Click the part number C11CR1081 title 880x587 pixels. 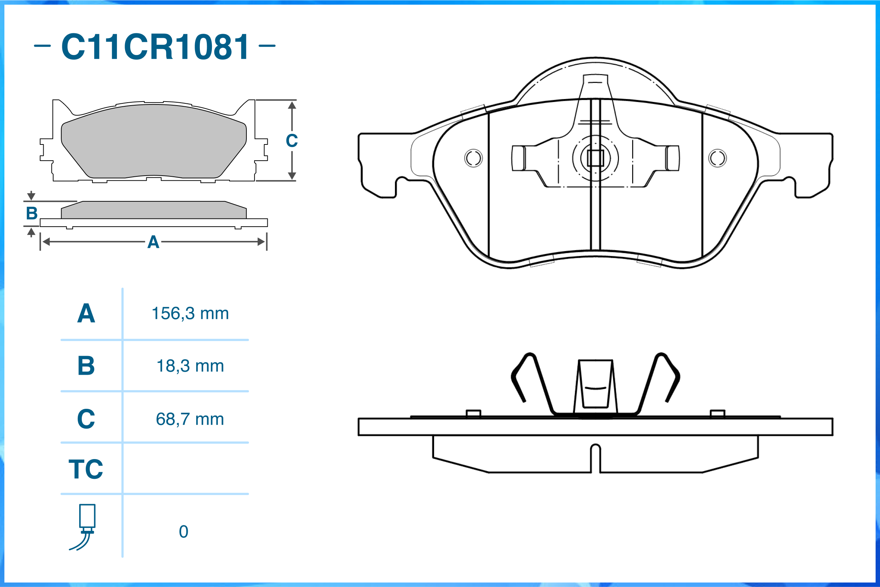tap(155, 47)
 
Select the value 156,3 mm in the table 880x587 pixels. tap(190, 313)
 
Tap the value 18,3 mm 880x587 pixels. tap(190, 366)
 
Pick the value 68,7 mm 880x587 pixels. tap(190, 419)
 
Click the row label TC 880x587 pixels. tap(86, 469)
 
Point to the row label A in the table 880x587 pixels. tap(86, 313)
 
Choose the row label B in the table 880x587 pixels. tap(86, 366)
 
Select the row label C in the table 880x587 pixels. tap(86, 419)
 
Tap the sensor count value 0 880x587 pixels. tap(183, 532)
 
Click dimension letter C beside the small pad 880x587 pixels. tap(291, 141)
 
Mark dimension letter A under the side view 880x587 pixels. tap(153, 242)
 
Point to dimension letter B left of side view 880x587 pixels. tap(32, 213)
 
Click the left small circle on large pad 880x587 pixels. tap(473, 158)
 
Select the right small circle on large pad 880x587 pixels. tap(717, 158)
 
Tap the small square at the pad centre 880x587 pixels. tap(595, 158)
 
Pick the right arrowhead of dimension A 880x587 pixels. tap(261, 242)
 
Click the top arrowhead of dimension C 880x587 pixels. tap(292, 105)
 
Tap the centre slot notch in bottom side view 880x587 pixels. tap(595, 457)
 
